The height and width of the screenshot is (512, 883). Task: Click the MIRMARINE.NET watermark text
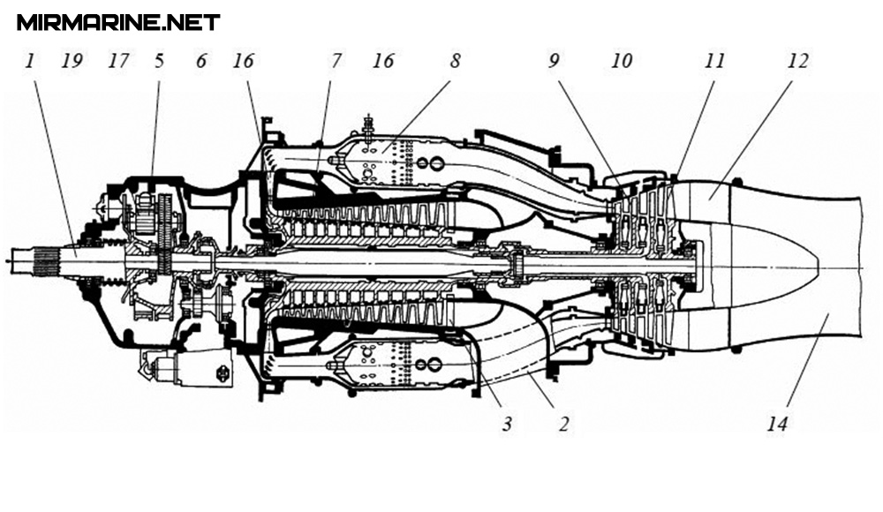point(118,22)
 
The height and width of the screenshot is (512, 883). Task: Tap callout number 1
point(31,61)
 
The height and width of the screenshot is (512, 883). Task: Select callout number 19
point(72,61)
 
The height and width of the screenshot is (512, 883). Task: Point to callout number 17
point(117,61)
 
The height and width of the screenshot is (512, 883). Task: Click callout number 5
point(159,61)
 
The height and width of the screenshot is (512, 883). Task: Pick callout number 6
point(200,61)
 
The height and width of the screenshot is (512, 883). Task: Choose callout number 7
point(336,61)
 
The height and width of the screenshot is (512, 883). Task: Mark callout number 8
point(454,61)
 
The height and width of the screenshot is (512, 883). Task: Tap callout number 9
point(554,61)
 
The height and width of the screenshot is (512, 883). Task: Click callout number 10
point(622,61)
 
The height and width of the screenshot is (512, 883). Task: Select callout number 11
point(714,61)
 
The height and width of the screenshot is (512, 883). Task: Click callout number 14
point(777,424)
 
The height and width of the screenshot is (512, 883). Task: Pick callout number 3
point(506,424)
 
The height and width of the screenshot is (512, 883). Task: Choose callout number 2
point(562,424)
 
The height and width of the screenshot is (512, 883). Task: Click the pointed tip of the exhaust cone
point(820,265)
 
